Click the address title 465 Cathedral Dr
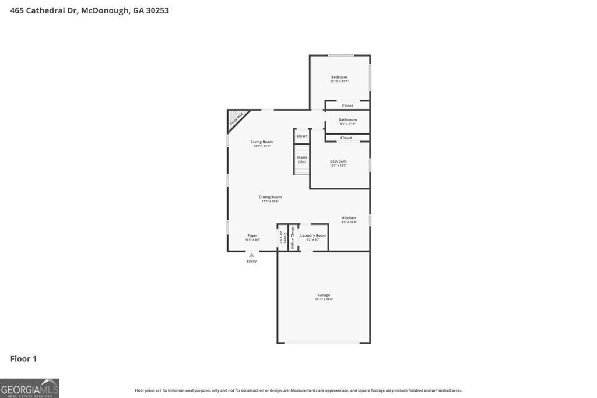89,10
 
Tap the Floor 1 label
23,359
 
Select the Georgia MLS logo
30,388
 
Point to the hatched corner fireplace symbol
236,118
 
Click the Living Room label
262,142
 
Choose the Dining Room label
270,197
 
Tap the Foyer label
252,235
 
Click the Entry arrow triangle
251,255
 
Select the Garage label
324,295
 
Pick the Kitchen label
349,218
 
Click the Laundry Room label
313,235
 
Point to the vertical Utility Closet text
293,238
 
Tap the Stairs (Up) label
302,159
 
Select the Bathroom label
347,120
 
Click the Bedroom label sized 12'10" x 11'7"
339,78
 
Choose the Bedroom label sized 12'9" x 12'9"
338,161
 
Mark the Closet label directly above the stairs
301,136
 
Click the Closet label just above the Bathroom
347,105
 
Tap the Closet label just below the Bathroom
346,138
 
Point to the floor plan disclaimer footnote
298,390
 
